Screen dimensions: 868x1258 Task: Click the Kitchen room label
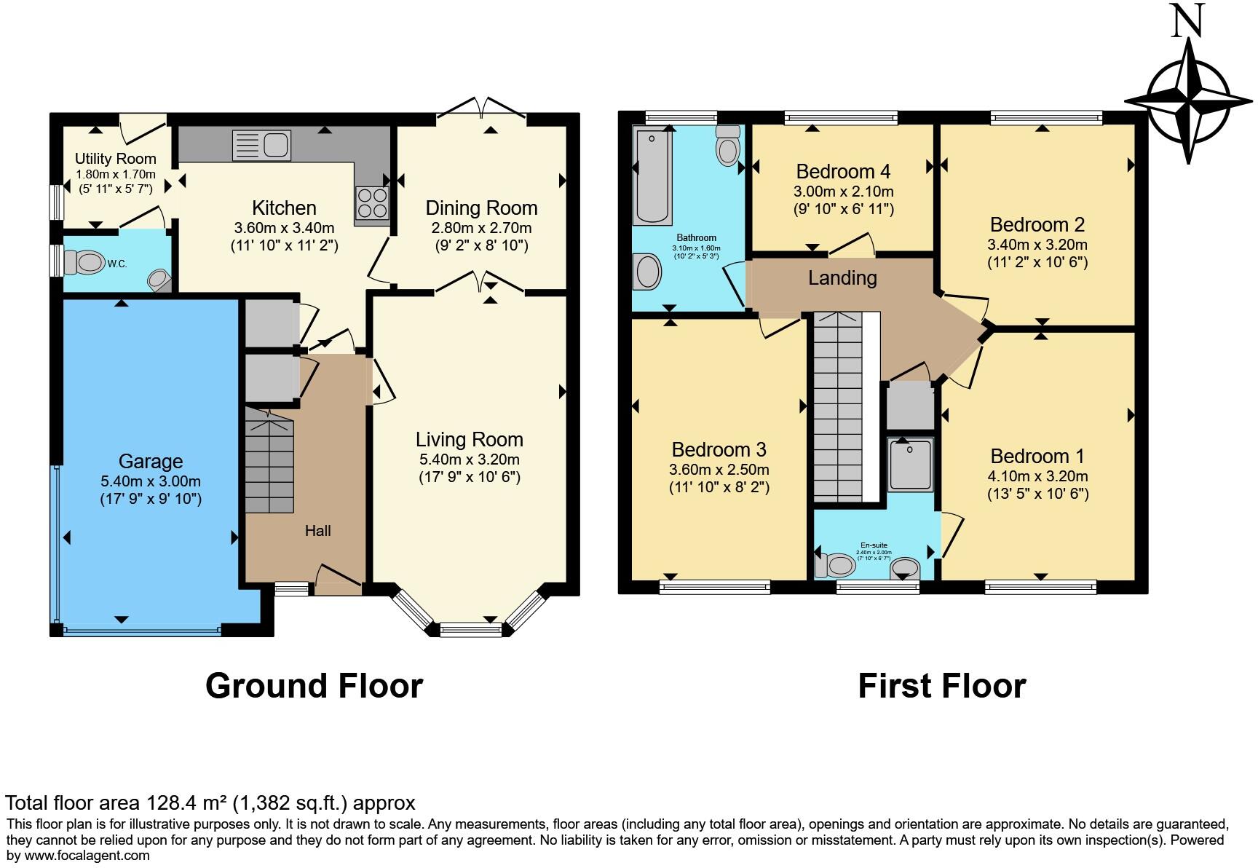284,208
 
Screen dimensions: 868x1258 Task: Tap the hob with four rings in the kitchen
372,202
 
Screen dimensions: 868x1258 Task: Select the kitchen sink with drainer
261,145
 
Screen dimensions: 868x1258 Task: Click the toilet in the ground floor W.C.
84,262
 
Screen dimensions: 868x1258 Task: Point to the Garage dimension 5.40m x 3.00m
151,481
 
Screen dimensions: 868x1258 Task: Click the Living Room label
469,439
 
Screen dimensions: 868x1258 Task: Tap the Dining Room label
481,208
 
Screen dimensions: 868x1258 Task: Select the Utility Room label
115,159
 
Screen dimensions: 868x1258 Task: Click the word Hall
317,531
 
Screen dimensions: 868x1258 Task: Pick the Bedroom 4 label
843,171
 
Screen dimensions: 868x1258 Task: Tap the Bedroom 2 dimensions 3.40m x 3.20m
1037,245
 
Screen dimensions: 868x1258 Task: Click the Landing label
842,277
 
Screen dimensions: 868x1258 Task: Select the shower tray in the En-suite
910,465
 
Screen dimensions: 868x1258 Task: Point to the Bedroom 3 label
719,449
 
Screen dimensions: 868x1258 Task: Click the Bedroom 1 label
1037,456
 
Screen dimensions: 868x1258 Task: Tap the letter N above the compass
1188,22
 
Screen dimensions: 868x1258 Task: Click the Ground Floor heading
314,686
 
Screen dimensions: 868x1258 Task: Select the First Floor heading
941,686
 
